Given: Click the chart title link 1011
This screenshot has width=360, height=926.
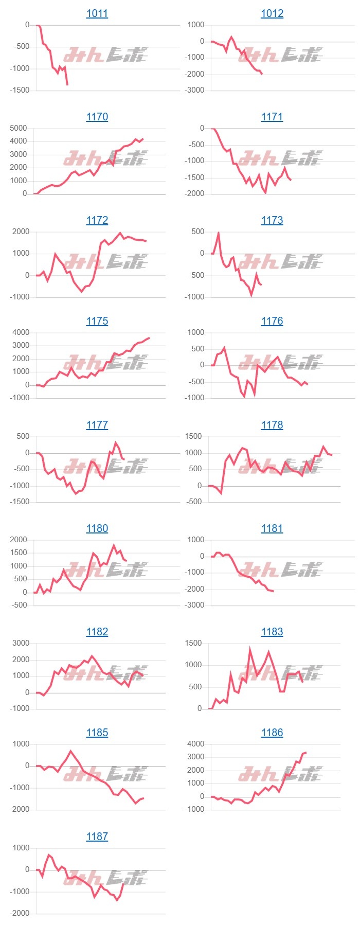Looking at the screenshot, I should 97,13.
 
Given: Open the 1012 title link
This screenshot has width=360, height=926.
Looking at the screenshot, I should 272,13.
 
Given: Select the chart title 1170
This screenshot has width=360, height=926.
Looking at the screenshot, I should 97,117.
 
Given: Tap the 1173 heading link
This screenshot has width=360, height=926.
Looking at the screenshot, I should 272,220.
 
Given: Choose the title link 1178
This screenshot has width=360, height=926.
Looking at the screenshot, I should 272,425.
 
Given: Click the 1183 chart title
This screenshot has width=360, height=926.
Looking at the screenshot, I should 272,632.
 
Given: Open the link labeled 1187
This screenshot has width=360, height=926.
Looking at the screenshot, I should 97,836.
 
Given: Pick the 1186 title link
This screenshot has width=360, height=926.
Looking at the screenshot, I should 272,733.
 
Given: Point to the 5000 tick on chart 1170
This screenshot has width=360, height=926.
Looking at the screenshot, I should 19,128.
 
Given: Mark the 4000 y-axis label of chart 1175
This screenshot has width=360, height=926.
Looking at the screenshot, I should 21,332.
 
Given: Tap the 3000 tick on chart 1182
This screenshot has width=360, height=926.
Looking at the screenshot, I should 21,643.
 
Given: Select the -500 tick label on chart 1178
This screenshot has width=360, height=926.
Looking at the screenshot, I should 195,502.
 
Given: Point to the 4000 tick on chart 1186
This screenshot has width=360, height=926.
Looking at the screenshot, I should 195,744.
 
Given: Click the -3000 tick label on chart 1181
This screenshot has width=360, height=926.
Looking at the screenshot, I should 194,605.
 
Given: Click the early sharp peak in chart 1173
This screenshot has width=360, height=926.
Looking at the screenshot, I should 219,233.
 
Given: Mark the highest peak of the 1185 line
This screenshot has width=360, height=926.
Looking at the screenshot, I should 71,751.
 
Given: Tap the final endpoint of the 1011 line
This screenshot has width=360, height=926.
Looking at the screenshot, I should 67,84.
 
